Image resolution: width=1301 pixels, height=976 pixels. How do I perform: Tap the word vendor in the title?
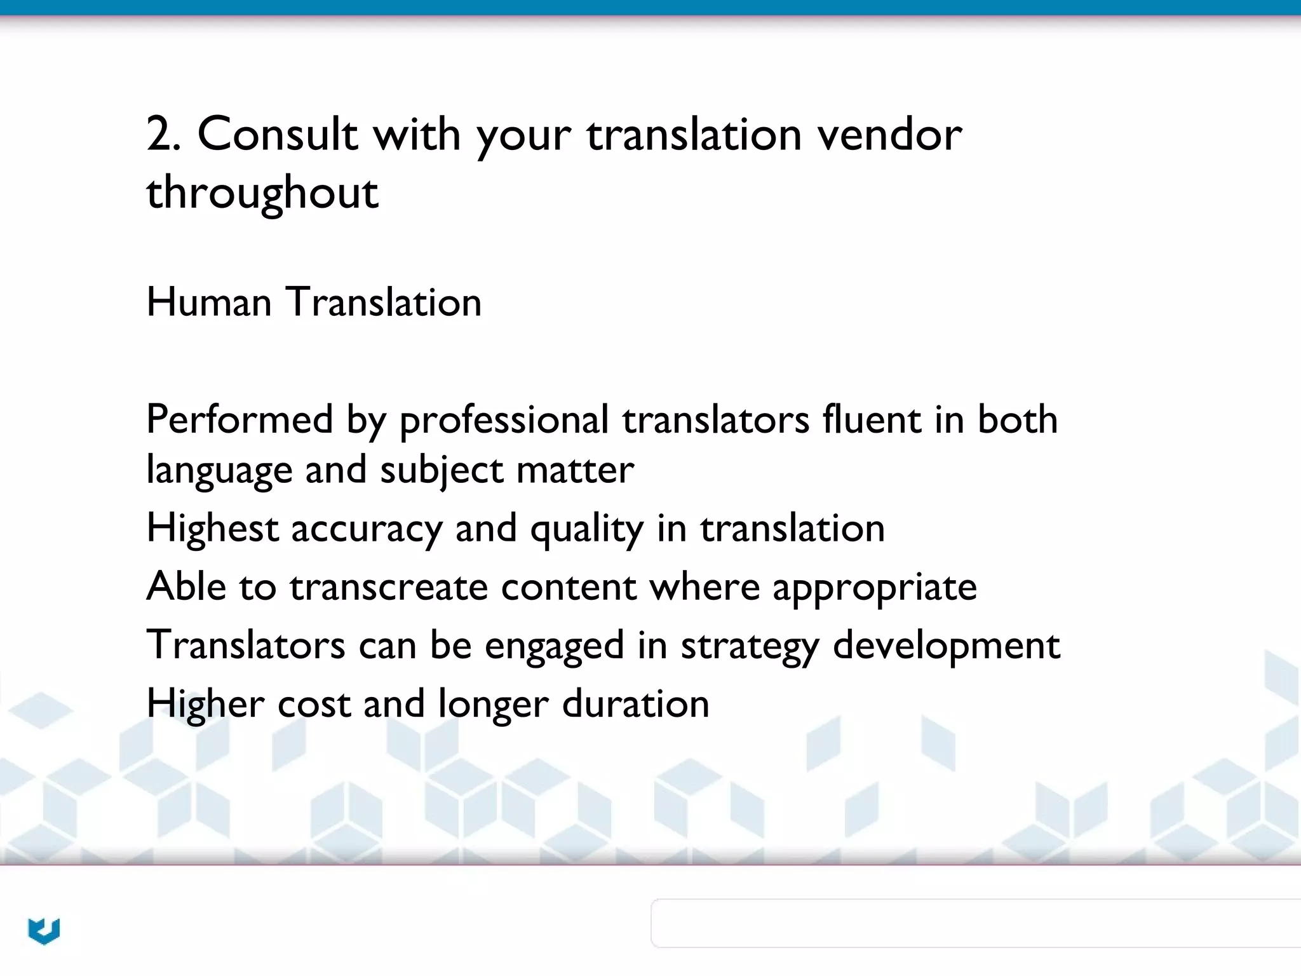point(889,135)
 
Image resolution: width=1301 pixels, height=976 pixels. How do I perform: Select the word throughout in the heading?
point(262,193)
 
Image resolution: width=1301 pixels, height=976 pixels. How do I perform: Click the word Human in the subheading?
point(209,302)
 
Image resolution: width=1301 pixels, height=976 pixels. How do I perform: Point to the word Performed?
point(239,419)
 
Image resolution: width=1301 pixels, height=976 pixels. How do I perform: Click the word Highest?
point(212,529)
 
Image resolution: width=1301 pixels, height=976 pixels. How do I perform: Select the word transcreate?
point(389,586)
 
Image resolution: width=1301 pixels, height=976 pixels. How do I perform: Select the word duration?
point(635,704)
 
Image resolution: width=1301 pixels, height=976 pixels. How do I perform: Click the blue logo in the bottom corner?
point(44,931)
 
